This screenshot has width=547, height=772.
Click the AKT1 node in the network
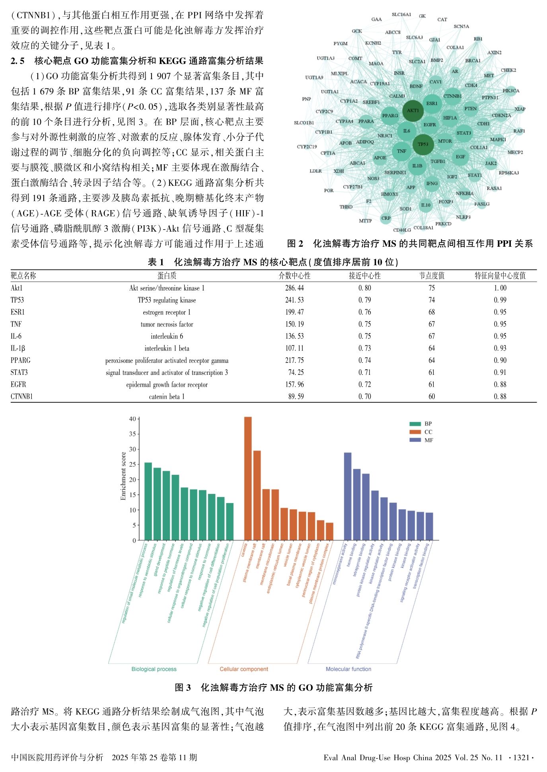pyautogui.click(x=413, y=111)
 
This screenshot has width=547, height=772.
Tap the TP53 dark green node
pyautogui.click(x=423, y=144)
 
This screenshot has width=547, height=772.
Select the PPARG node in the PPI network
pyautogui.click(x=390, y=115)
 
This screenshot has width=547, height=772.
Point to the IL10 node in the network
pyautogui.click(x=426, y=205)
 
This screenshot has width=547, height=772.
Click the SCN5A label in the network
pyautogui.click(x=461, y=26)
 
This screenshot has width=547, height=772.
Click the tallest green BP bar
pyautogui.click(x=148, y=501)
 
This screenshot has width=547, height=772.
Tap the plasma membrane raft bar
pyautogui.click(x=257, y=495)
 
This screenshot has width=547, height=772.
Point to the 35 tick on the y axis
pyautogui.click(x=132, y=434)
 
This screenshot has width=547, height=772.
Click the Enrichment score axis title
pyautogui.click(x=123, y=476)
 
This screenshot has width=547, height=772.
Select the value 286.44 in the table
pyautogui.click(x=294, y=288)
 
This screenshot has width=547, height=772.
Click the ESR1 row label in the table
pyautogui.click(x=18, y=312)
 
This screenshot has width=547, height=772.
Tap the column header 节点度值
pyautogui.click(x=432, y=276)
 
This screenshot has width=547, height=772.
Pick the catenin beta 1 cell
pyautogui.click(x=167, y=396)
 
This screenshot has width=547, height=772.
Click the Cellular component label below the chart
pyautogui.click(x=244, y=669)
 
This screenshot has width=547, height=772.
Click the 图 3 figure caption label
pyautogui.click(x=183, y=687)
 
